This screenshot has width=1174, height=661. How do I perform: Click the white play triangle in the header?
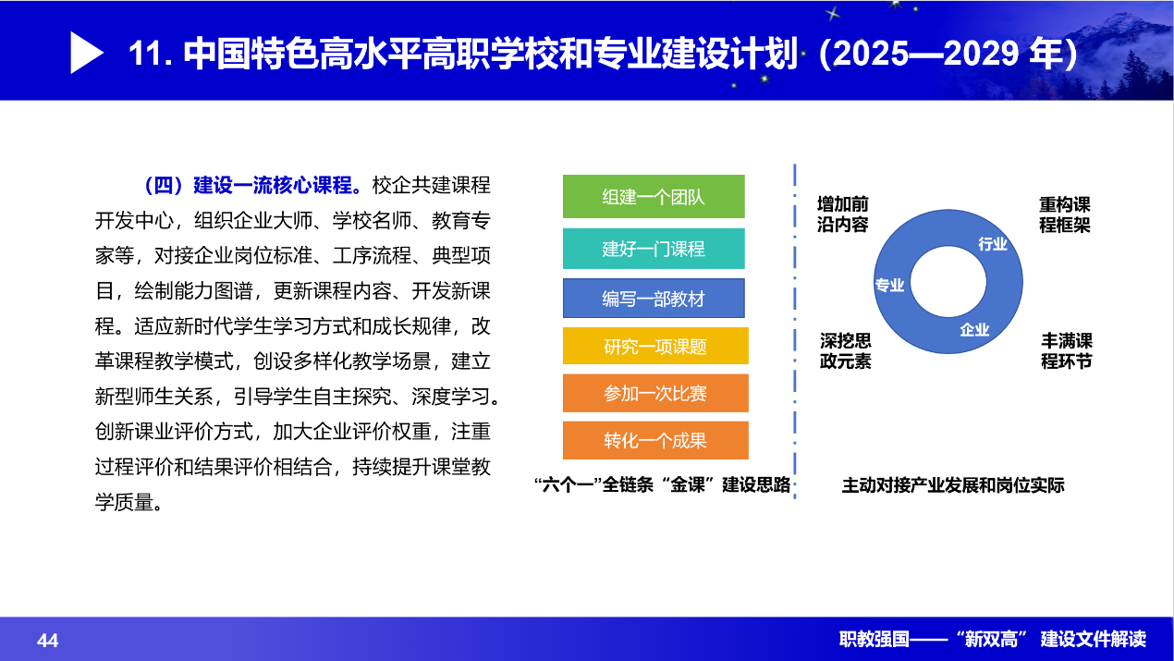click(85, 53)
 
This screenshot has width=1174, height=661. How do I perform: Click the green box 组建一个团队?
click(654, 197)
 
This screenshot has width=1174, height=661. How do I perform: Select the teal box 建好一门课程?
click(654, 249)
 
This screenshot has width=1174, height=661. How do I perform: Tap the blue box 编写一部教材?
click(654, 299)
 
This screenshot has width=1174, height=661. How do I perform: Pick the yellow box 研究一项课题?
click(655, 346)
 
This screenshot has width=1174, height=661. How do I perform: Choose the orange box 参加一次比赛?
click(655, 393)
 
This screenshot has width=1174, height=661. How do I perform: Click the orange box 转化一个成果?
click(655, 440)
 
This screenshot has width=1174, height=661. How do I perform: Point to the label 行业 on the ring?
click(993, 244)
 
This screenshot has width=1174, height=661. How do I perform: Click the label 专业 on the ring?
click(889, 285)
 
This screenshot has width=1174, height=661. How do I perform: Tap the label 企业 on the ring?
click(974, 330)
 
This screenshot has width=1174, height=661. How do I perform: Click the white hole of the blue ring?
click(948, 281)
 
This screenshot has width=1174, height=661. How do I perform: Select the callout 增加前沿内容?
click(843, 214)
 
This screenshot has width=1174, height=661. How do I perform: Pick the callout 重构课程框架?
click(1065, 214)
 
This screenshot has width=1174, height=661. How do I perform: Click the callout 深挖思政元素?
click(846, 350)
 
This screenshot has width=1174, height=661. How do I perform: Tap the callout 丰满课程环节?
click(1067, 350)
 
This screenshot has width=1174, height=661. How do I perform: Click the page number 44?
click(48, 640)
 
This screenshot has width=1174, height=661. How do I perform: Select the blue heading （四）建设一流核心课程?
click(253, 185)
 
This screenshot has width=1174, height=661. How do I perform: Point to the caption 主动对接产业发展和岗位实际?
click(953, 485)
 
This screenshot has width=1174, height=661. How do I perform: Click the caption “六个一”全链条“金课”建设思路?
click(662, 484)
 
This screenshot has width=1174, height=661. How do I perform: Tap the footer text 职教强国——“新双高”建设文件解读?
click(993, 639)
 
